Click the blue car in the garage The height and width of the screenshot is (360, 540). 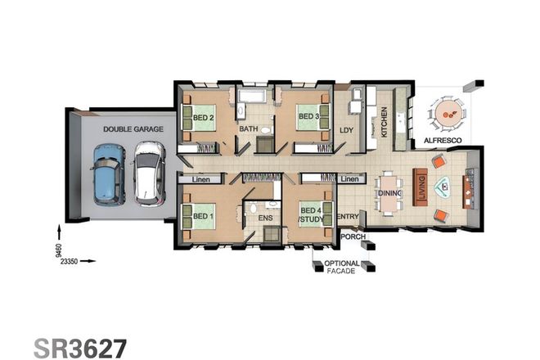tap(109, 175)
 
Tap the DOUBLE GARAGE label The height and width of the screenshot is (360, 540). tap(133, 129)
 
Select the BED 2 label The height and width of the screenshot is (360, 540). tap(205, 117)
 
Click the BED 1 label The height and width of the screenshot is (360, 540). tap(202, 216)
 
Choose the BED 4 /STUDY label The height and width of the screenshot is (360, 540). tap(311, 215)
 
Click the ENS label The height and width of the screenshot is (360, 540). tap(264, 220)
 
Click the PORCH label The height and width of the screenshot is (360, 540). tap(353, 236)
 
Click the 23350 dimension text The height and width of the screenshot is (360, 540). tap(65, 262)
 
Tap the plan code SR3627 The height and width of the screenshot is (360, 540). tap(80, 347)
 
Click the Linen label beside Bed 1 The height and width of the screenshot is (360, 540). tap(202, 178)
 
